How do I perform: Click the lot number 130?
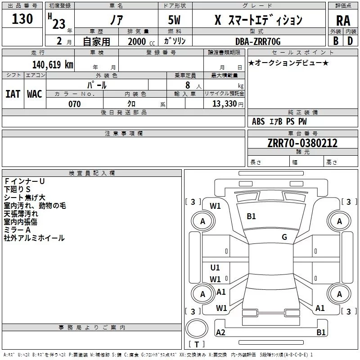22,19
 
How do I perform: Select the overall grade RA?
343,21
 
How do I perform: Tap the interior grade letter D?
350,40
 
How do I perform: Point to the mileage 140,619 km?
53,64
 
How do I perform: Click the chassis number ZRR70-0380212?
302,143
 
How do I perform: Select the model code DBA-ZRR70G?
258,41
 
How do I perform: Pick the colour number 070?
74,104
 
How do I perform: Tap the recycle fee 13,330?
224,104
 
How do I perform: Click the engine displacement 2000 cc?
140,41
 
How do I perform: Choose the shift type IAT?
13,94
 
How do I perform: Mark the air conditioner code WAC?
34,94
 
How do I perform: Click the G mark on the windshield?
284,237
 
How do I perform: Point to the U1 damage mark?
215,268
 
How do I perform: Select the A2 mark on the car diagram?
220,333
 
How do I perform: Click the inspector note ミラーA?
18,230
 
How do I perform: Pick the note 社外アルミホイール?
34,238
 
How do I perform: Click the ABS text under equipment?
258,121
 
